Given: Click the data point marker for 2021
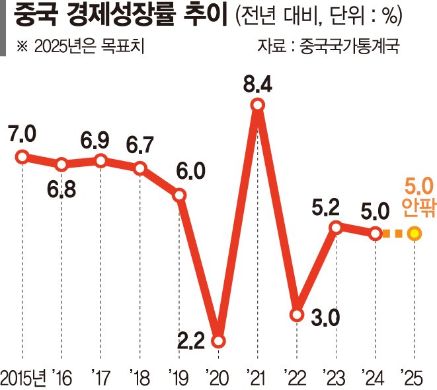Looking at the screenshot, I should point(258,105).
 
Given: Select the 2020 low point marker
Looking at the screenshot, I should point(219,341).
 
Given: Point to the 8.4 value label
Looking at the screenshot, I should point(258,84).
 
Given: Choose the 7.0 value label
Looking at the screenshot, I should point(22,134).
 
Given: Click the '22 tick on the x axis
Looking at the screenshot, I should point(294,377).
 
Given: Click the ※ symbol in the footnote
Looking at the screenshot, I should point(20,47).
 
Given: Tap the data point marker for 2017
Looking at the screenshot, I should point(100,160).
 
